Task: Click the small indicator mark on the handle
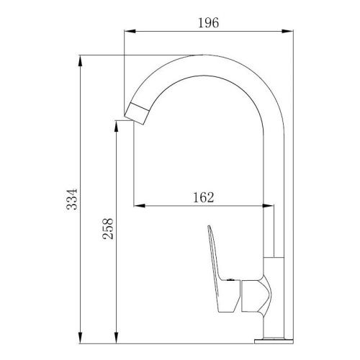coord(228,277)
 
